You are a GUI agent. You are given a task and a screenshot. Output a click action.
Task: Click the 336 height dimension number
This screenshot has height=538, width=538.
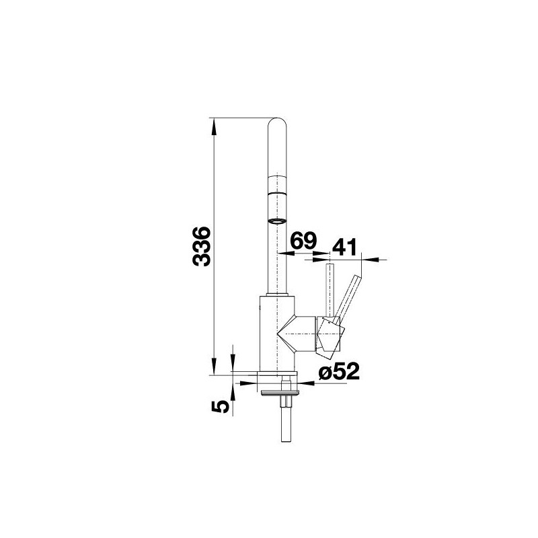tap(201, 245)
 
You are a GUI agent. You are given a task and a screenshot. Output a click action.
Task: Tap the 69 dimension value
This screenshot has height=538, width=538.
tap(304, 241)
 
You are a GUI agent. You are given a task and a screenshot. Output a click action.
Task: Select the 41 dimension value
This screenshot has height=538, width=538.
tap(345, 247)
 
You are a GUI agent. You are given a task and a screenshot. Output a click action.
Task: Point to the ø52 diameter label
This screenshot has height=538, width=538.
tap(339, 371)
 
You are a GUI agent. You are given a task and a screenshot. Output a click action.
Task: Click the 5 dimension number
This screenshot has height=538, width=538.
tap(221, 406)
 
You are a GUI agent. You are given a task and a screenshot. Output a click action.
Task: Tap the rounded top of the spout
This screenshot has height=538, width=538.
tap(277, 123)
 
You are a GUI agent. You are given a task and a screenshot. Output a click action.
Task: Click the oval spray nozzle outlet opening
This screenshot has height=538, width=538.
tap(277, 221)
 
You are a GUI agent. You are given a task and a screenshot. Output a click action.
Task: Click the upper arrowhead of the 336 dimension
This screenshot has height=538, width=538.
tap(214, 126)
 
